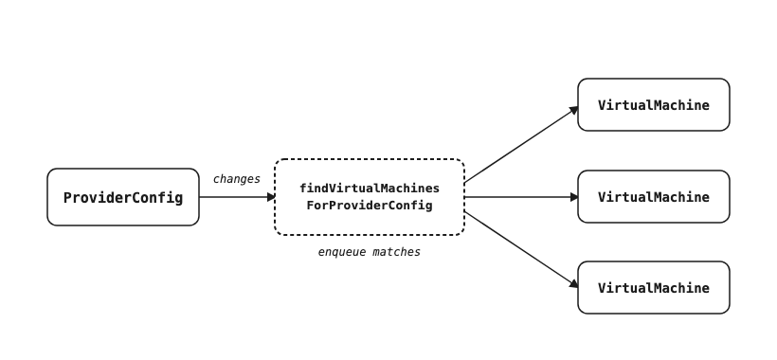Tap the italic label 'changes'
236,179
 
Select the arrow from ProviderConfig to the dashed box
237,197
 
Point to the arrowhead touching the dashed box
271,197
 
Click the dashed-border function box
370,159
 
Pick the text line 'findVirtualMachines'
370,189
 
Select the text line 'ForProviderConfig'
370,206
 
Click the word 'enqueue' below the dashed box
342,252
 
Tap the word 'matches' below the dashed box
396,252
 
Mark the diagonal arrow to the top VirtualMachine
521,145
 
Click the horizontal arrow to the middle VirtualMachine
521,197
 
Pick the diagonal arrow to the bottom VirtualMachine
521,249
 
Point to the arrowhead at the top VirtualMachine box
574,110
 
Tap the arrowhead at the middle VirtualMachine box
574,197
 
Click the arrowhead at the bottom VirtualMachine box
574,285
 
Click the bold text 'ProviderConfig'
123,198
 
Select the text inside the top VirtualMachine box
654,105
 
